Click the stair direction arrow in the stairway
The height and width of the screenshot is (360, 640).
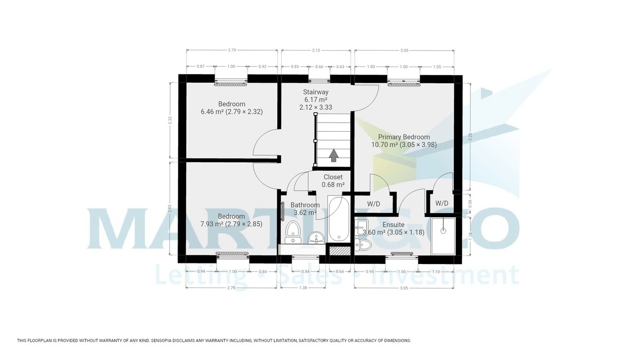(334, 155)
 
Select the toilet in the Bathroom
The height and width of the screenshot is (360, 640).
(292, 233)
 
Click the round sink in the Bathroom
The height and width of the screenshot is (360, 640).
(316, 236)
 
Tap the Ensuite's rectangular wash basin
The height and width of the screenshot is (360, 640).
(362, 226)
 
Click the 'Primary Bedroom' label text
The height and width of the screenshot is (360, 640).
(404, 137)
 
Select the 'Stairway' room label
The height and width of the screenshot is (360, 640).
(315, 92)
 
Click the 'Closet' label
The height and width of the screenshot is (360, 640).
(333, 177)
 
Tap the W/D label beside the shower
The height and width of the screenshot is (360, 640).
(442, 203)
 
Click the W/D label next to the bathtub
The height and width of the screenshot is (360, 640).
(373, 204)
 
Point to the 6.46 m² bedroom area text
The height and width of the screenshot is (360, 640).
(231, 112)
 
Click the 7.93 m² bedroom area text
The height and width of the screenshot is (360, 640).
(231, 225)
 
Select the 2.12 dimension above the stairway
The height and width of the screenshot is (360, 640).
(316, 50)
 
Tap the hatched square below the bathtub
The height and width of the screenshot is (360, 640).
(339, 250)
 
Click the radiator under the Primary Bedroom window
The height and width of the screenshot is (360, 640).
(404, 84)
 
